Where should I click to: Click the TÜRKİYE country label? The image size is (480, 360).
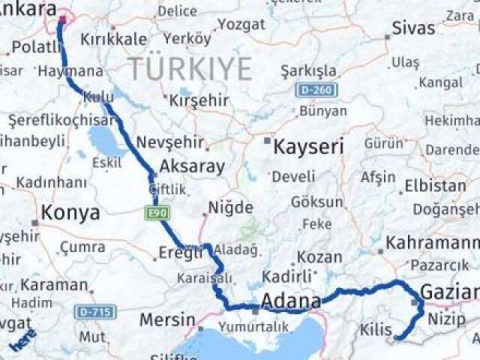190,69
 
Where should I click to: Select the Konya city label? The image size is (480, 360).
70,213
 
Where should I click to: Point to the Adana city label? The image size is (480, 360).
292,300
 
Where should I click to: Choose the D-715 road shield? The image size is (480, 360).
96,311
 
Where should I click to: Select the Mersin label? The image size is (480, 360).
167,320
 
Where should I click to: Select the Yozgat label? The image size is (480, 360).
241,24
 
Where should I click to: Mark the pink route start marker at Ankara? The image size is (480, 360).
62,20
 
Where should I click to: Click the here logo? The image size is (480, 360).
22,341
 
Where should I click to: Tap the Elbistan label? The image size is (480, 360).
434,185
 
